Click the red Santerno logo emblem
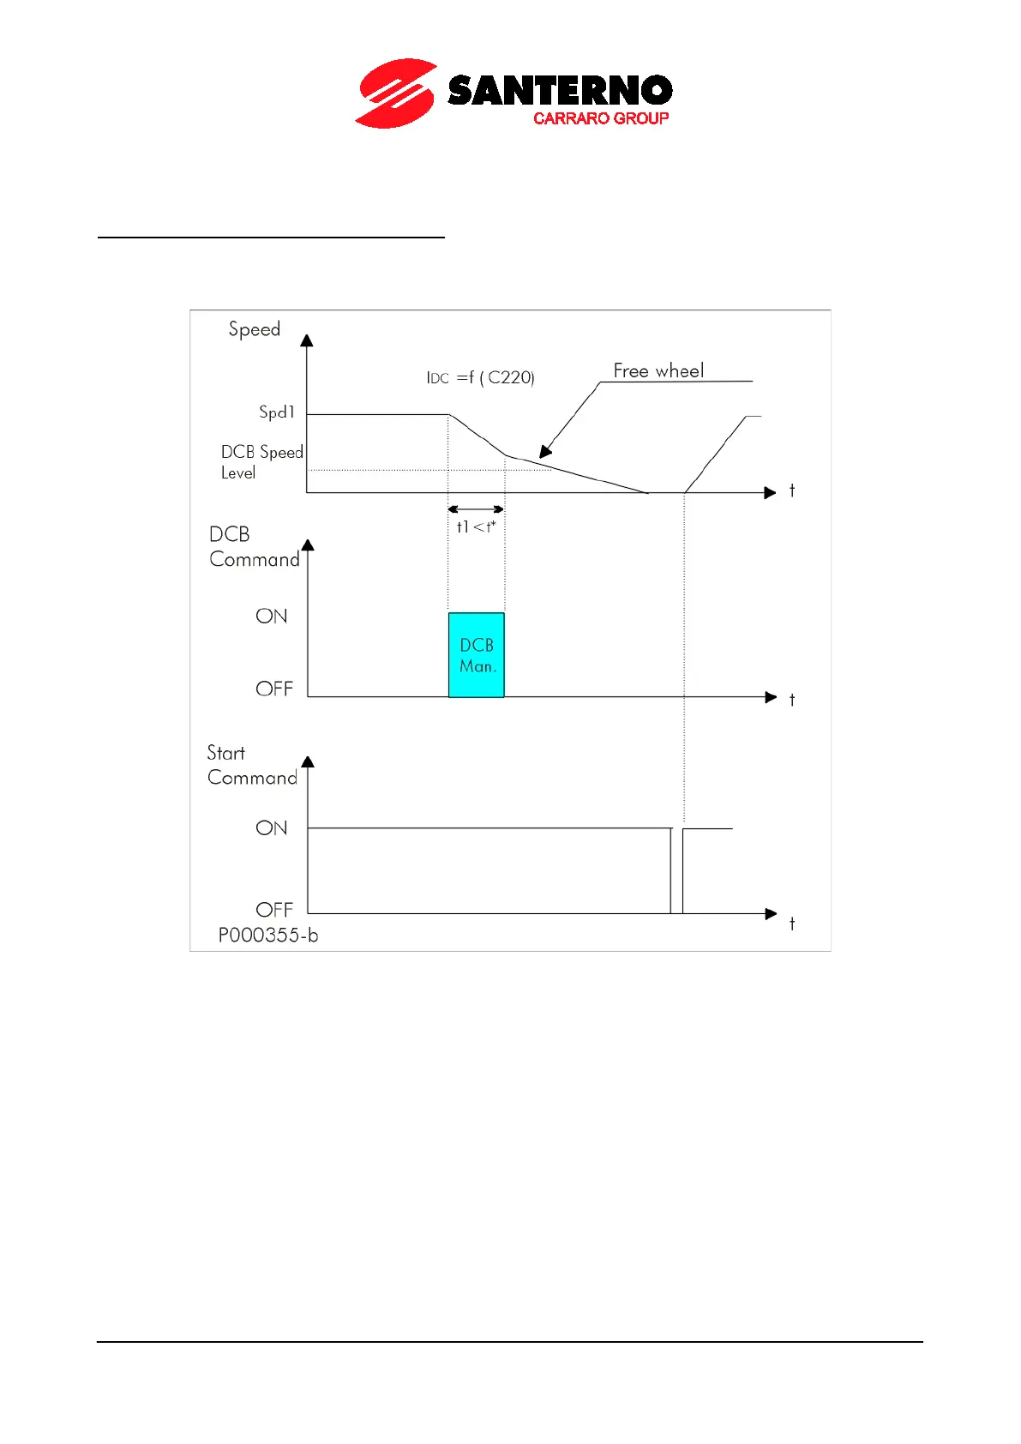tap(395, 93)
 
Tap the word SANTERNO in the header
tap(560, 91)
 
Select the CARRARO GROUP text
tap(600, 118)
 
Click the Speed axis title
tap(255, 329)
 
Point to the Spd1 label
tap(277, 412)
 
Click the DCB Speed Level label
tap(261, 462)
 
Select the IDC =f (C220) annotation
tap(480, 377)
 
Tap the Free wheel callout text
tap(658, 370)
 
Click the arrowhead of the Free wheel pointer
tap(545, 452)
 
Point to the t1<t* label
tap(476, 526)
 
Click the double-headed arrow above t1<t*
tap(476, 509)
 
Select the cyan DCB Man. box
tap(477, 655)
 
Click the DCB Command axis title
tap(254, 547)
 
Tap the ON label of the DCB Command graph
tap(272, 617)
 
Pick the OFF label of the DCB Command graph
tap(274, 689)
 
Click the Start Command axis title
tap(252, 766)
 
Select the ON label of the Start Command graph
tap(272, 828)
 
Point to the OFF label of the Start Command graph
tap(274, 910)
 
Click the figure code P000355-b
tap(268, 936)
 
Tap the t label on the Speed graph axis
tap(792, 491)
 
